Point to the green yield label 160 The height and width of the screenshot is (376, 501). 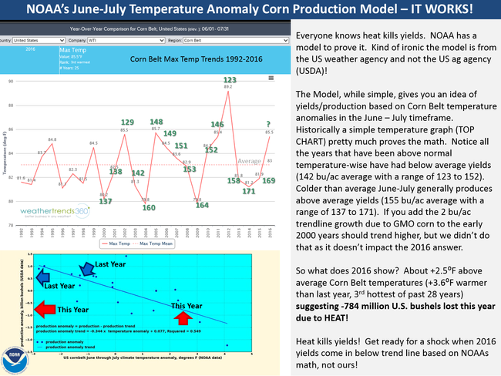click(x=149, y=207)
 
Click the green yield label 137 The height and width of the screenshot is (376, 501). click(x=106, y=201)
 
